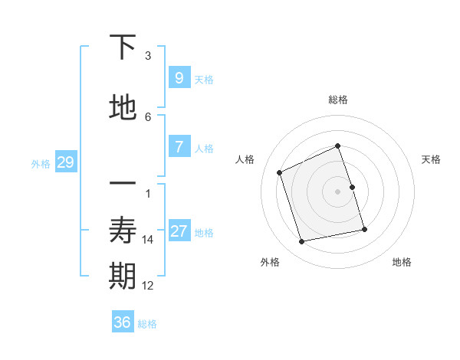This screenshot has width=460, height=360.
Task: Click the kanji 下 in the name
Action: click(x=123, y=47)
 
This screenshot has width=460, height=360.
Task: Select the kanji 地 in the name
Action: click(x=123, y=108)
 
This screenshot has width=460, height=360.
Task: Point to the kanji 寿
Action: click(x=123, y=231)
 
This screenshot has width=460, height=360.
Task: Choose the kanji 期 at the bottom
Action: click(x=123, y=277)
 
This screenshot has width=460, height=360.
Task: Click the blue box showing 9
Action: click(x=179, y=78)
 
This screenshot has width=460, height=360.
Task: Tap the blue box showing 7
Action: click(x=179, y=147)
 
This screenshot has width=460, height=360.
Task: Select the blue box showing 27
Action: click(x=179, y=231)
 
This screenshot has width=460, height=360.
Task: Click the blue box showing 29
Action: click(x=65, y=162)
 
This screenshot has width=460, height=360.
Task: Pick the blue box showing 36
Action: click(x=122, y=322)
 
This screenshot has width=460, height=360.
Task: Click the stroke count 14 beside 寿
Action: click(x=148, y=240)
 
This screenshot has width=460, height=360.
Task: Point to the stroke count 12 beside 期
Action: click(x=148, y=286)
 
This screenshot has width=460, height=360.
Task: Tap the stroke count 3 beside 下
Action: click(x=148, y=56)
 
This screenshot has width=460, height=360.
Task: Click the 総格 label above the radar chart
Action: click(x=338, y=100)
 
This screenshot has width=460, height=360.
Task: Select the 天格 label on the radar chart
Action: click(x=431, y=159)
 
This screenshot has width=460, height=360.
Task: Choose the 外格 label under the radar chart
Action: click(x=270, y=262)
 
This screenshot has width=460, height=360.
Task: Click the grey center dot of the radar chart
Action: click(x=338, y=191)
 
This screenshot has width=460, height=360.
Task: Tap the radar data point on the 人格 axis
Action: click(x=280, y=172)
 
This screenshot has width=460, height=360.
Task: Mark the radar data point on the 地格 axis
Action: click(x=364, y=229)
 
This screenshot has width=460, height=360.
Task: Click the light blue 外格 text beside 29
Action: click(x=41, y=163)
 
